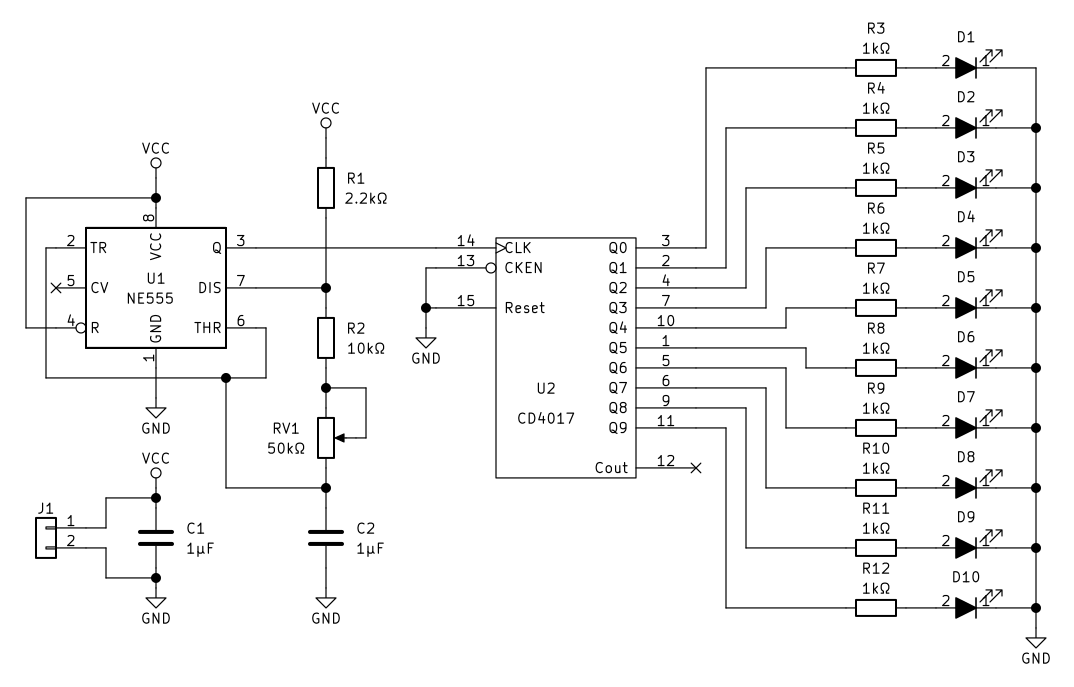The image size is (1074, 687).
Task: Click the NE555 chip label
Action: point(150,299)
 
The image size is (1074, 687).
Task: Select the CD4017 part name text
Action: point(546,418)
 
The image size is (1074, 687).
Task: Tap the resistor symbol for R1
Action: point(326,188)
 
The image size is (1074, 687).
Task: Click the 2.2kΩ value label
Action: point(366,199)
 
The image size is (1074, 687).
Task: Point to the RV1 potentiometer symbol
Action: point(326,438)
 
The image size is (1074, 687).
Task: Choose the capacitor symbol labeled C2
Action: point(326,538)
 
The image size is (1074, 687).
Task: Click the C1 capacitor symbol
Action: point(156,538)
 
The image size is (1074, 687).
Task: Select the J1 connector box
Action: point(46,538)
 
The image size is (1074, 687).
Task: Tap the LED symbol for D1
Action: point(966,67)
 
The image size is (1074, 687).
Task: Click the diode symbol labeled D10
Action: point(966,608)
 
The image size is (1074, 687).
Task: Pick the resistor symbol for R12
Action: point(876,608)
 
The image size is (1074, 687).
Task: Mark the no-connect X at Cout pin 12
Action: point(696,468)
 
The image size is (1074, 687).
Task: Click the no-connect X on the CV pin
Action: point(56,288)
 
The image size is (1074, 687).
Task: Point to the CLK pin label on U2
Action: point(518,248)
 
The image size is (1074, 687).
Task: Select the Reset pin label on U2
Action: point(525,308)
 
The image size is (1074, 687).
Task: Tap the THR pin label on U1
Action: point(208,327)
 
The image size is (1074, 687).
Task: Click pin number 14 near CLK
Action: point(466,240)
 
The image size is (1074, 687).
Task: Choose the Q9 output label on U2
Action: point(618,428)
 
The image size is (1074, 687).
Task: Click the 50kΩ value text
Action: point(286,449)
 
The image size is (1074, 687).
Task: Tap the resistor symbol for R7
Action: point(876,308)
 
